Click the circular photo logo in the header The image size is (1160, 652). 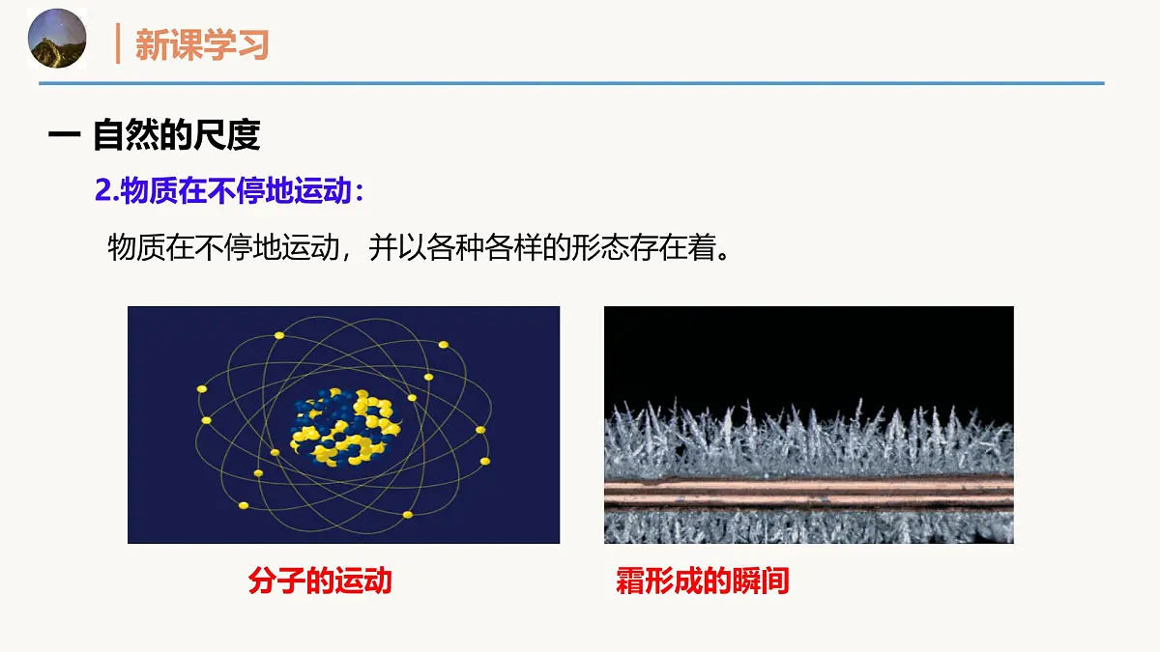[57, 39]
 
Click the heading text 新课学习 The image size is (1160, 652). [201, 44]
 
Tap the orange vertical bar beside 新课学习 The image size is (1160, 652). [118, 44]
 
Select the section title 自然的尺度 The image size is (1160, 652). [176, 135]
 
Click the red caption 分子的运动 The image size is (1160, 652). [320, 581]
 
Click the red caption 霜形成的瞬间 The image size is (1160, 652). [703, 581]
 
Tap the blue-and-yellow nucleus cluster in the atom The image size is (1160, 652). [344, 426]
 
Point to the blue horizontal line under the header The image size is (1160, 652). [570, 84]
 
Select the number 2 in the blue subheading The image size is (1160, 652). [101, 190]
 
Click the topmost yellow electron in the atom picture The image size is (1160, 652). [279, 335]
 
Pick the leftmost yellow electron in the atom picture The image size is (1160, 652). [202, 389]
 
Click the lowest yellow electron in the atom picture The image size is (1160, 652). [407, 514]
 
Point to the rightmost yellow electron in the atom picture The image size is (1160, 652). [480, 430]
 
